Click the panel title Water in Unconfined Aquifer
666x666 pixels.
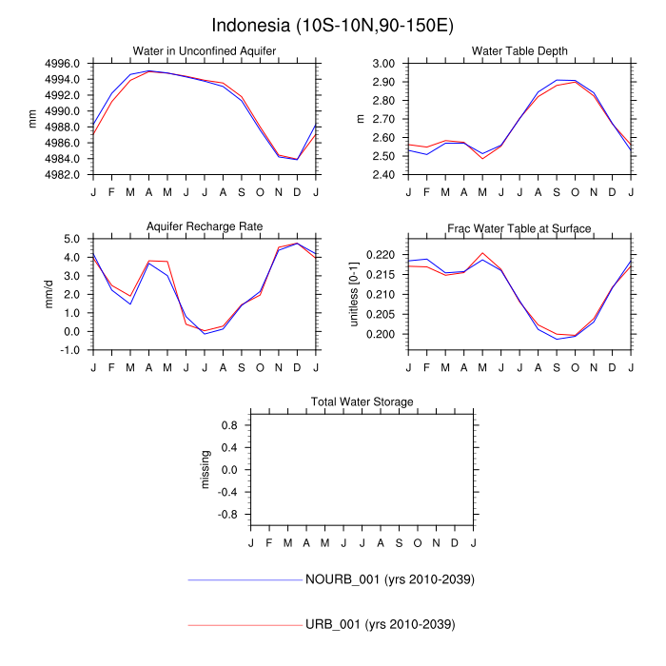(204, 50)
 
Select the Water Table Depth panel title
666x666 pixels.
(519, 50)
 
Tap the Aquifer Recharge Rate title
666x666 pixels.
(204, 226)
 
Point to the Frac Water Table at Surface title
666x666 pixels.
(519, 228)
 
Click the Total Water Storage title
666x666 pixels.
(362, 402)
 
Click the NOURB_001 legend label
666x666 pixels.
(390, 579)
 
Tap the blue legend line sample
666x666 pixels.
(245, 579)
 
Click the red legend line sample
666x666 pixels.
(245, 624)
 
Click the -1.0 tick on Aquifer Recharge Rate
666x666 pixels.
(71, 350)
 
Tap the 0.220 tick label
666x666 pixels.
(381, 255)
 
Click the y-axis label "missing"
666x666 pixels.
(206, 469)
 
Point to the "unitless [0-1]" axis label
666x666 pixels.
(354, 293)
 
